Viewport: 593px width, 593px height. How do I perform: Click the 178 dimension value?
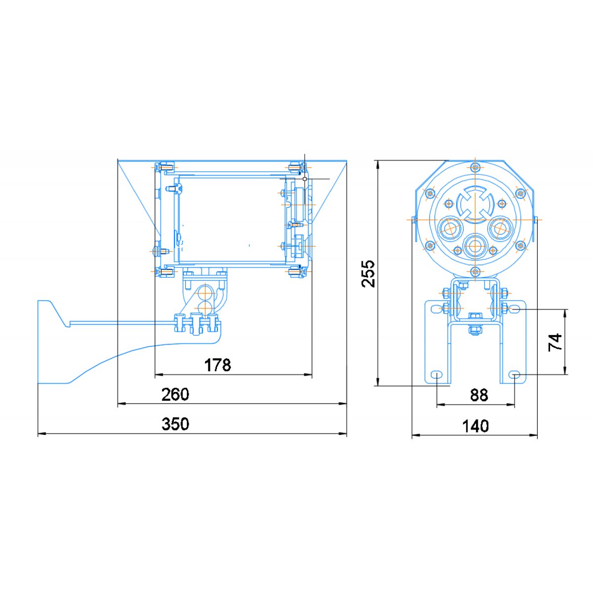217,365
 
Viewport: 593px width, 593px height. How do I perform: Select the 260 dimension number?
175,394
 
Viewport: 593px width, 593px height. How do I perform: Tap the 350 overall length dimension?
175,424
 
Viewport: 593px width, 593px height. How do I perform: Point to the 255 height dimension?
368,274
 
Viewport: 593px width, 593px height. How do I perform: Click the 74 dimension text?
555,342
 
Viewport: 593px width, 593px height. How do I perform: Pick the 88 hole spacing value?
479,395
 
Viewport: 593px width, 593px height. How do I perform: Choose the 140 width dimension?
475,426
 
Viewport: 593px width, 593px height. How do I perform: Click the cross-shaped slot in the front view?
475,204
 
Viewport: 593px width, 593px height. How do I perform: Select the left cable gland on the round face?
450,228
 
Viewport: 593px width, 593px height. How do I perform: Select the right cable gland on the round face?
501,228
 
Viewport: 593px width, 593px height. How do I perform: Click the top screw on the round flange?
475,168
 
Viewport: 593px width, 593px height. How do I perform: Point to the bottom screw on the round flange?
475,271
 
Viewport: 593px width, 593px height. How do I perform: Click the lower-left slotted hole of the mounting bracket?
436,375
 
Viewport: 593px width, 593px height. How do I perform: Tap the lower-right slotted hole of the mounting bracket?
514,375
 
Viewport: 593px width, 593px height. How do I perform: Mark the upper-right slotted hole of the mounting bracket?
514,309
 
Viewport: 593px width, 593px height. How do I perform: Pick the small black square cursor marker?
305,178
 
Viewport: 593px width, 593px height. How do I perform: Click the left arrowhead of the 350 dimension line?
42,433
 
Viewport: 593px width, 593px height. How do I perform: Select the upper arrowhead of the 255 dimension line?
378,165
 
